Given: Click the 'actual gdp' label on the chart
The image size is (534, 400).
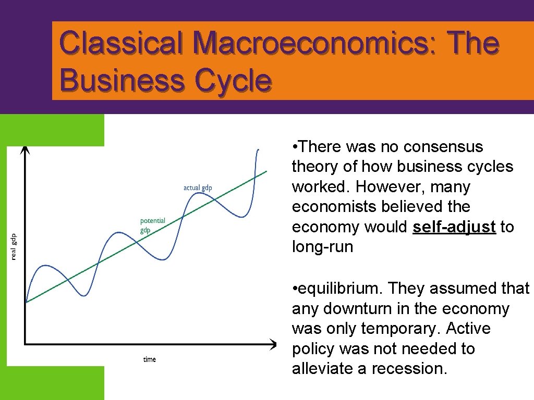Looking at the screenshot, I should coord(198,187).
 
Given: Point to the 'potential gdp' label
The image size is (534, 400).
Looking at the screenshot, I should coord(152,225).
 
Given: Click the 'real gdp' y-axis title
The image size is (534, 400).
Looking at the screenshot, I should coord(14,246).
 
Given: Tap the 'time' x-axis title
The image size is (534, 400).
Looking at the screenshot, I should coord(150,359).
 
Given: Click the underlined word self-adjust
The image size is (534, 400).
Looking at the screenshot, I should coord(454,227).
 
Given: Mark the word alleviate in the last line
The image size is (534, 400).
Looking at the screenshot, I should coord(323,369).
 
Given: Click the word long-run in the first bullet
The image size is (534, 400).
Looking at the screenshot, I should coord(322,247).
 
